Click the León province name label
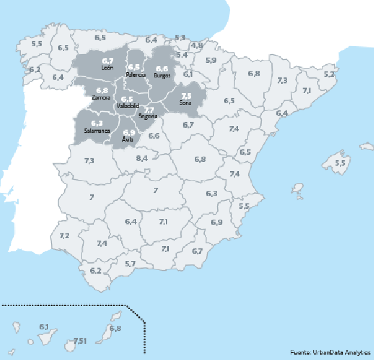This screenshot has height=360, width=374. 108,68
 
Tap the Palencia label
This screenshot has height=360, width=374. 135,74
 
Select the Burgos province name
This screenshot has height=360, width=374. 162,76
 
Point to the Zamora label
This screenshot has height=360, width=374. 101,97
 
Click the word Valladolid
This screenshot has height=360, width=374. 128,106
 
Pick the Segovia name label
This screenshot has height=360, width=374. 147,116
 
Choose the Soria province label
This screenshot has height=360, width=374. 186,103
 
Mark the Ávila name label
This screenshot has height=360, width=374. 128,139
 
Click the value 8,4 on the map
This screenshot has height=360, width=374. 142,158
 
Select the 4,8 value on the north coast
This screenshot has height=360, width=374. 197,46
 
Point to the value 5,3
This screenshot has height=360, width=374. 180,38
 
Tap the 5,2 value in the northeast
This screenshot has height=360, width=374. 329,74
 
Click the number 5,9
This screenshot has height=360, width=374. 211,61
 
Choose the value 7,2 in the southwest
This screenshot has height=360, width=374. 65,236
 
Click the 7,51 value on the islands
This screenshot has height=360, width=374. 80,341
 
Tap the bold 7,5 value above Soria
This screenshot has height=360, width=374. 186,96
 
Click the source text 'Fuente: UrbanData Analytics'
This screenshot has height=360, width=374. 330,352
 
